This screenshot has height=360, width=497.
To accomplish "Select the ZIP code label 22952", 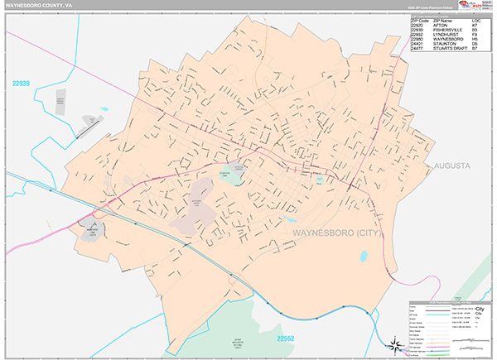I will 286,338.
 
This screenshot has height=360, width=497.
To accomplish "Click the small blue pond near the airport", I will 104,108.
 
